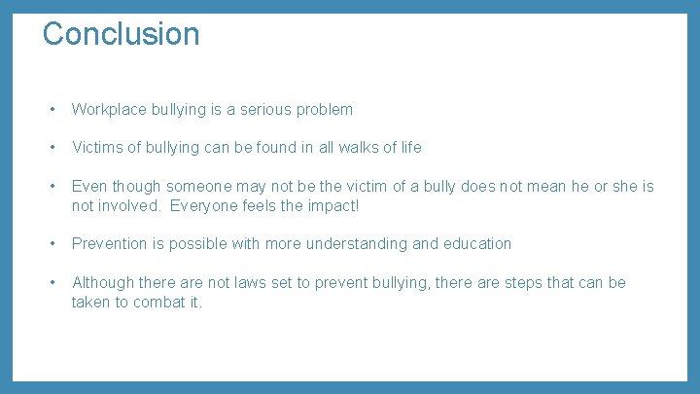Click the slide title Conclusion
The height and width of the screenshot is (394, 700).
click(x=121, y=33)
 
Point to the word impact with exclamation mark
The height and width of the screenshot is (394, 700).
click(x=332, y=205)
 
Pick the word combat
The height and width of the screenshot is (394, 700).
click(x=158, y=302)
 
